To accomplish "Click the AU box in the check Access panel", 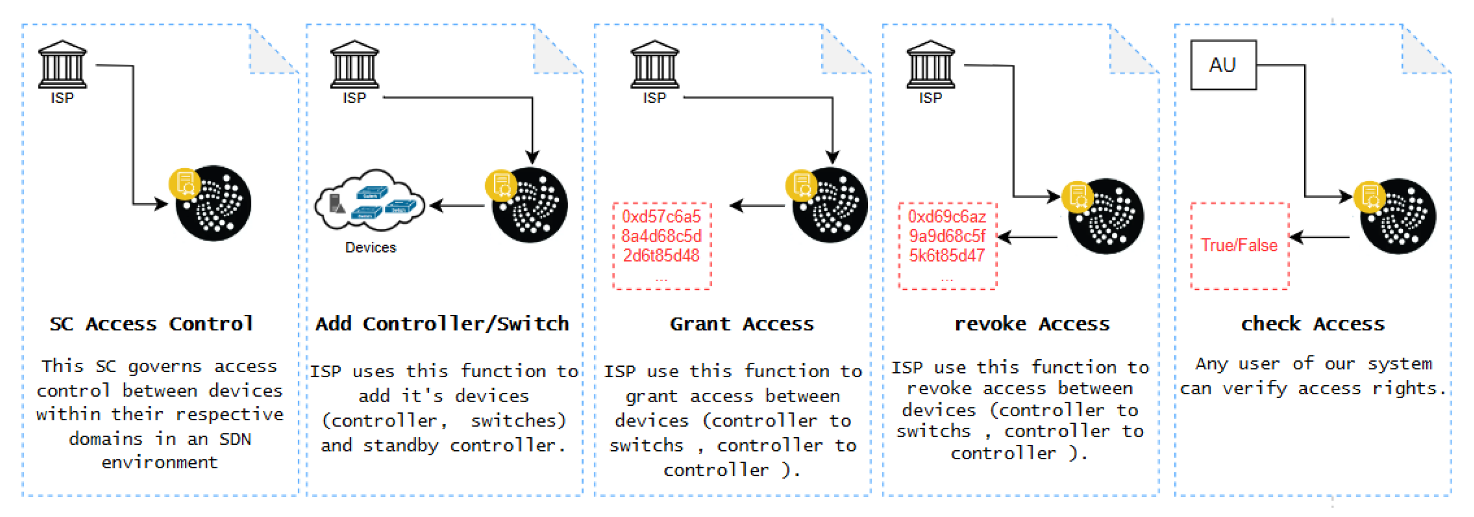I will point(1223,65).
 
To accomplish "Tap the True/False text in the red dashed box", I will point(1239,245).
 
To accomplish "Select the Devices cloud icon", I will point(370,202).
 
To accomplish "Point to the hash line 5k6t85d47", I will point(947,255).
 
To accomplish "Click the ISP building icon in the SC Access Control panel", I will point(62,63).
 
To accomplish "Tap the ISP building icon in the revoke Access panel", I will point(930,63).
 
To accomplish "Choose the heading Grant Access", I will point(742,324).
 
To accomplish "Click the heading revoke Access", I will point(1031,324).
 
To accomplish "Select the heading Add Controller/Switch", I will point(443,324).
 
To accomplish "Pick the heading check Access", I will point(1312,324).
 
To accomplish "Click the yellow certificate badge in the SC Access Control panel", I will point(184,184).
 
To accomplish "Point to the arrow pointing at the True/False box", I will point(1319,236).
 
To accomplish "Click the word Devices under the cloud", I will point(370,247).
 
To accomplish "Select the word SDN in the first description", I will point(235,439).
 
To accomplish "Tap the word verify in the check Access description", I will point(1254,389).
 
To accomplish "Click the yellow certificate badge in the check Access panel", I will point(1369,196).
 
